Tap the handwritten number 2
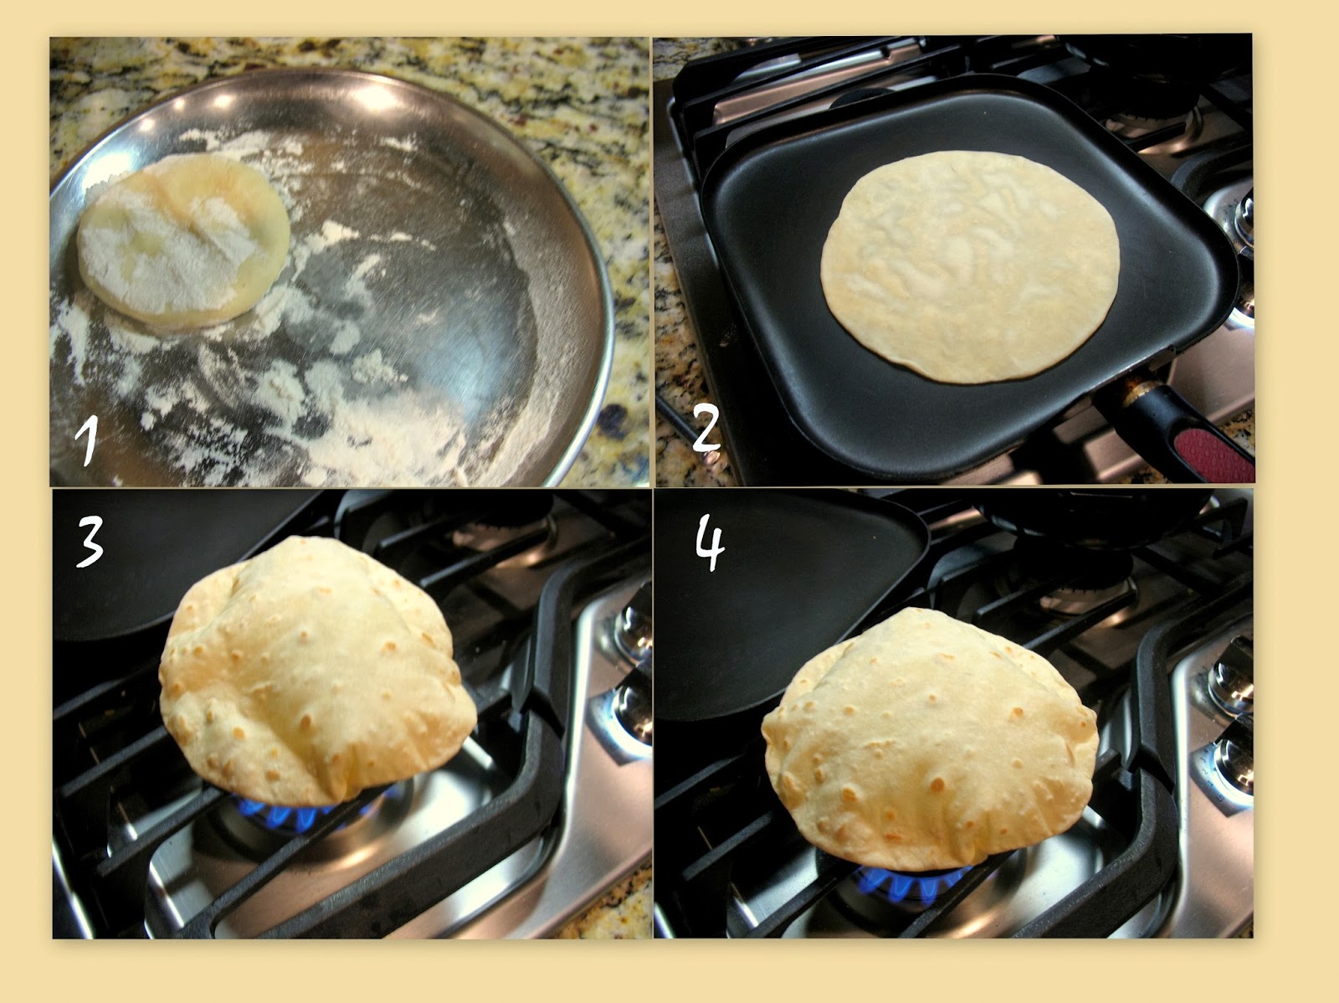pos(706,429)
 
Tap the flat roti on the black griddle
pos(971,265)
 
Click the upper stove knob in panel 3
pos(631,629)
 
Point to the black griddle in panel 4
pos(775,610)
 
